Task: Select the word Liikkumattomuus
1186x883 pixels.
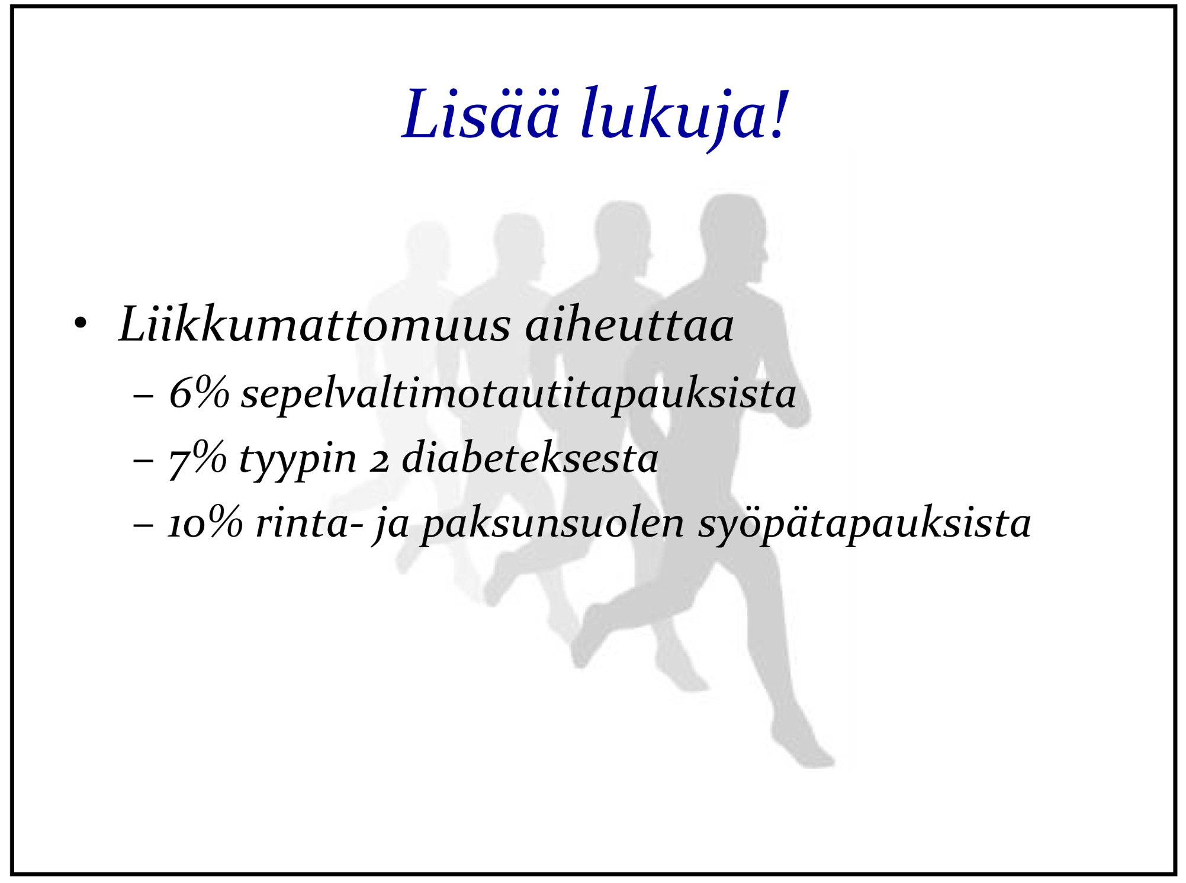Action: pyautogui.click(x=314, y=324)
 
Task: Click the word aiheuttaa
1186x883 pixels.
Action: pyautogui.click(x=629, y=324)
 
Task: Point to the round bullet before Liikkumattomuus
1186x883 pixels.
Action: pyautogui.click(x=81, y=324)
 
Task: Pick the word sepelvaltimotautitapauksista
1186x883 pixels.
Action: pyautogui.click(x=518, y=395)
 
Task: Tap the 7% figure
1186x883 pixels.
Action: pyautogui.click(x=198, y=458)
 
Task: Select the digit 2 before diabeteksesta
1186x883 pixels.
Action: pyautogui.click(x=380, y=463)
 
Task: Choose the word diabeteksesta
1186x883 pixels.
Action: pyautogui.click(x=530, y=457)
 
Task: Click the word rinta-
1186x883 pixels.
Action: pyautogui.click(x=309, y=523)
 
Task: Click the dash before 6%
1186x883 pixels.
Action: pyautogui.click(x=144, y=395)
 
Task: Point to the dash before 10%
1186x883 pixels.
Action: pyautogui.click(x=144, y=525)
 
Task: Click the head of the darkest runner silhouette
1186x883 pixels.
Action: pyautogui.click(x=733, y=237)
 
